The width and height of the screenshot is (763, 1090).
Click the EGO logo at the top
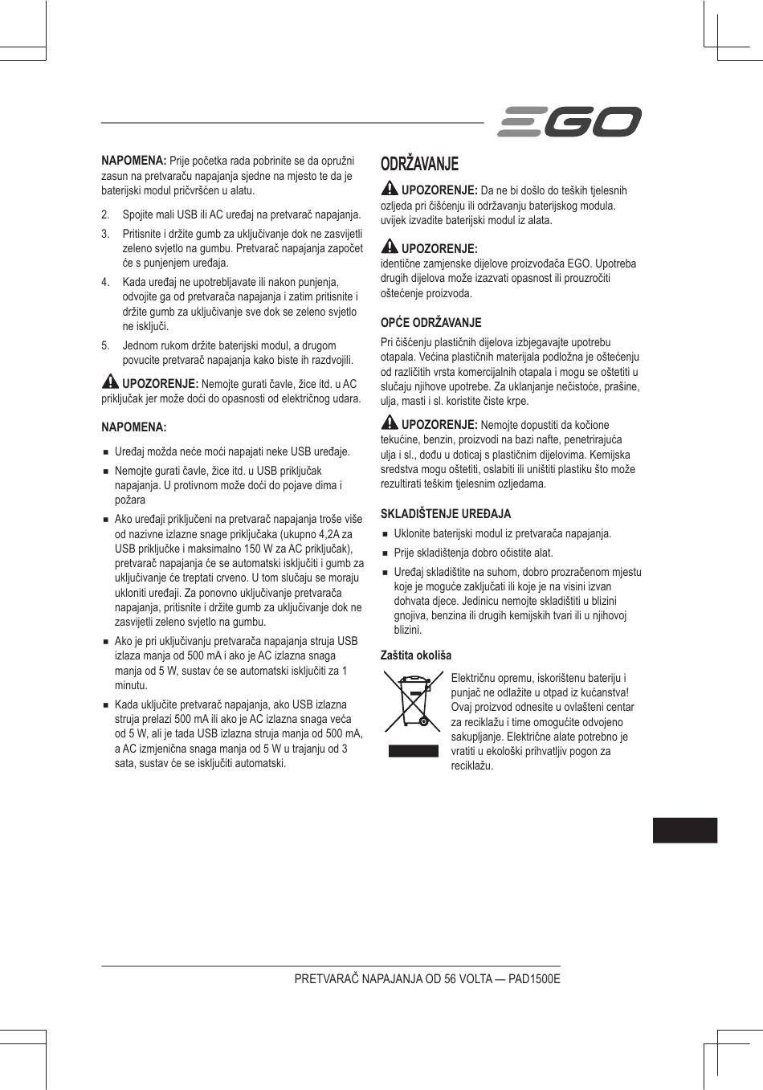coord(569,122)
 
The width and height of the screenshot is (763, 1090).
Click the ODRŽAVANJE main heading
coord(419,164)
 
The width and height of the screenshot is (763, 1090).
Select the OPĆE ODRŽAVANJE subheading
coord(430,323)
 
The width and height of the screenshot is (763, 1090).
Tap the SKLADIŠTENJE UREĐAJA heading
coord(445,514)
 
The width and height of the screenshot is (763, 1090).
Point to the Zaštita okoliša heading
coord(415,655)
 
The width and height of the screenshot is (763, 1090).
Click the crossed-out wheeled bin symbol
coord(414,704)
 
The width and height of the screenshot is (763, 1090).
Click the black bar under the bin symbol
coord(414,751)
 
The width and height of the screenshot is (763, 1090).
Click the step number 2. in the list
coord(105,215)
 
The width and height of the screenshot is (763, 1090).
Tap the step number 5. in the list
coord(105,345)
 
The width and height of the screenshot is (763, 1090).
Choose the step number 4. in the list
coord(105,282)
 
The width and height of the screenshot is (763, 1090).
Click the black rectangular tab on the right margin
coord(684,830)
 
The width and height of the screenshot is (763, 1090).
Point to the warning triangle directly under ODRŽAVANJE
coord(390,190)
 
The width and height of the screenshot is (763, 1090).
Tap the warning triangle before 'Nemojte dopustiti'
coord(390,423)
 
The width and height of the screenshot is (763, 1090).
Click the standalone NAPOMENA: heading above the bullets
coord(133,427)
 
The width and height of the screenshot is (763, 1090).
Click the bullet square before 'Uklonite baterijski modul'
coord(386,534)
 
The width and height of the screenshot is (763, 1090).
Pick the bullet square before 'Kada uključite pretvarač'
coord(105,704)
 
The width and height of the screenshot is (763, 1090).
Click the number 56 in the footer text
coord(451,980)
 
